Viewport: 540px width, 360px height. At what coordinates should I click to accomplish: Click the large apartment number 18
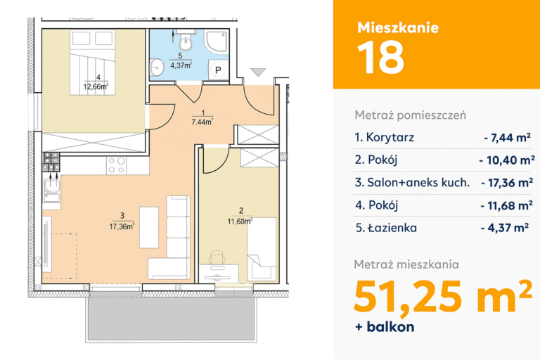(380, 57)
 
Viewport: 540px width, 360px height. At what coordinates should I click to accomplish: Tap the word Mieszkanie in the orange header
(398, 27)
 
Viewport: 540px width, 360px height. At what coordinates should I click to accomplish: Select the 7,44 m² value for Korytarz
(507, 137)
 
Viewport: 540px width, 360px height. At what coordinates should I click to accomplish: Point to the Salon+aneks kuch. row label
(412, 183)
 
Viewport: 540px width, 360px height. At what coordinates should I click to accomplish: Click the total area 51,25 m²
(442, 296)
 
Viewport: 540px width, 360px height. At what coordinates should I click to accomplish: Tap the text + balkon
(385, 327)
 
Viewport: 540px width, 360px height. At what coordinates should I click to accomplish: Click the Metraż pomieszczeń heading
(411, 115)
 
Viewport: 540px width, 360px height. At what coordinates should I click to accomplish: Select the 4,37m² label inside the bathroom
(181, 65)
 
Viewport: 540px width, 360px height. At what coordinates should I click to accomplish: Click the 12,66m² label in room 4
(96, 86)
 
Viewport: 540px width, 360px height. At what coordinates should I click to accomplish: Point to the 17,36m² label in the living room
(122, 226)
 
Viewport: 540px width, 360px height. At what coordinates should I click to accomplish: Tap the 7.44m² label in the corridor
(202, 122)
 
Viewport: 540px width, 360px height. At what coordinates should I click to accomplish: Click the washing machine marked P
(219, 70)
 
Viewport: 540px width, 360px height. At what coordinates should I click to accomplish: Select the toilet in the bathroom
(186, 41)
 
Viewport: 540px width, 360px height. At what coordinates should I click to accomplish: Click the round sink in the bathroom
(157, 67)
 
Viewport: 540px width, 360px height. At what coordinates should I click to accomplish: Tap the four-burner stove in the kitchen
(117, 165)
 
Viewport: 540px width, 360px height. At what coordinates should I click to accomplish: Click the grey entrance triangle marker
(258, 72)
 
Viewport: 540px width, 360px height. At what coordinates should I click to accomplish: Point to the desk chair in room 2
(217, 257)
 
